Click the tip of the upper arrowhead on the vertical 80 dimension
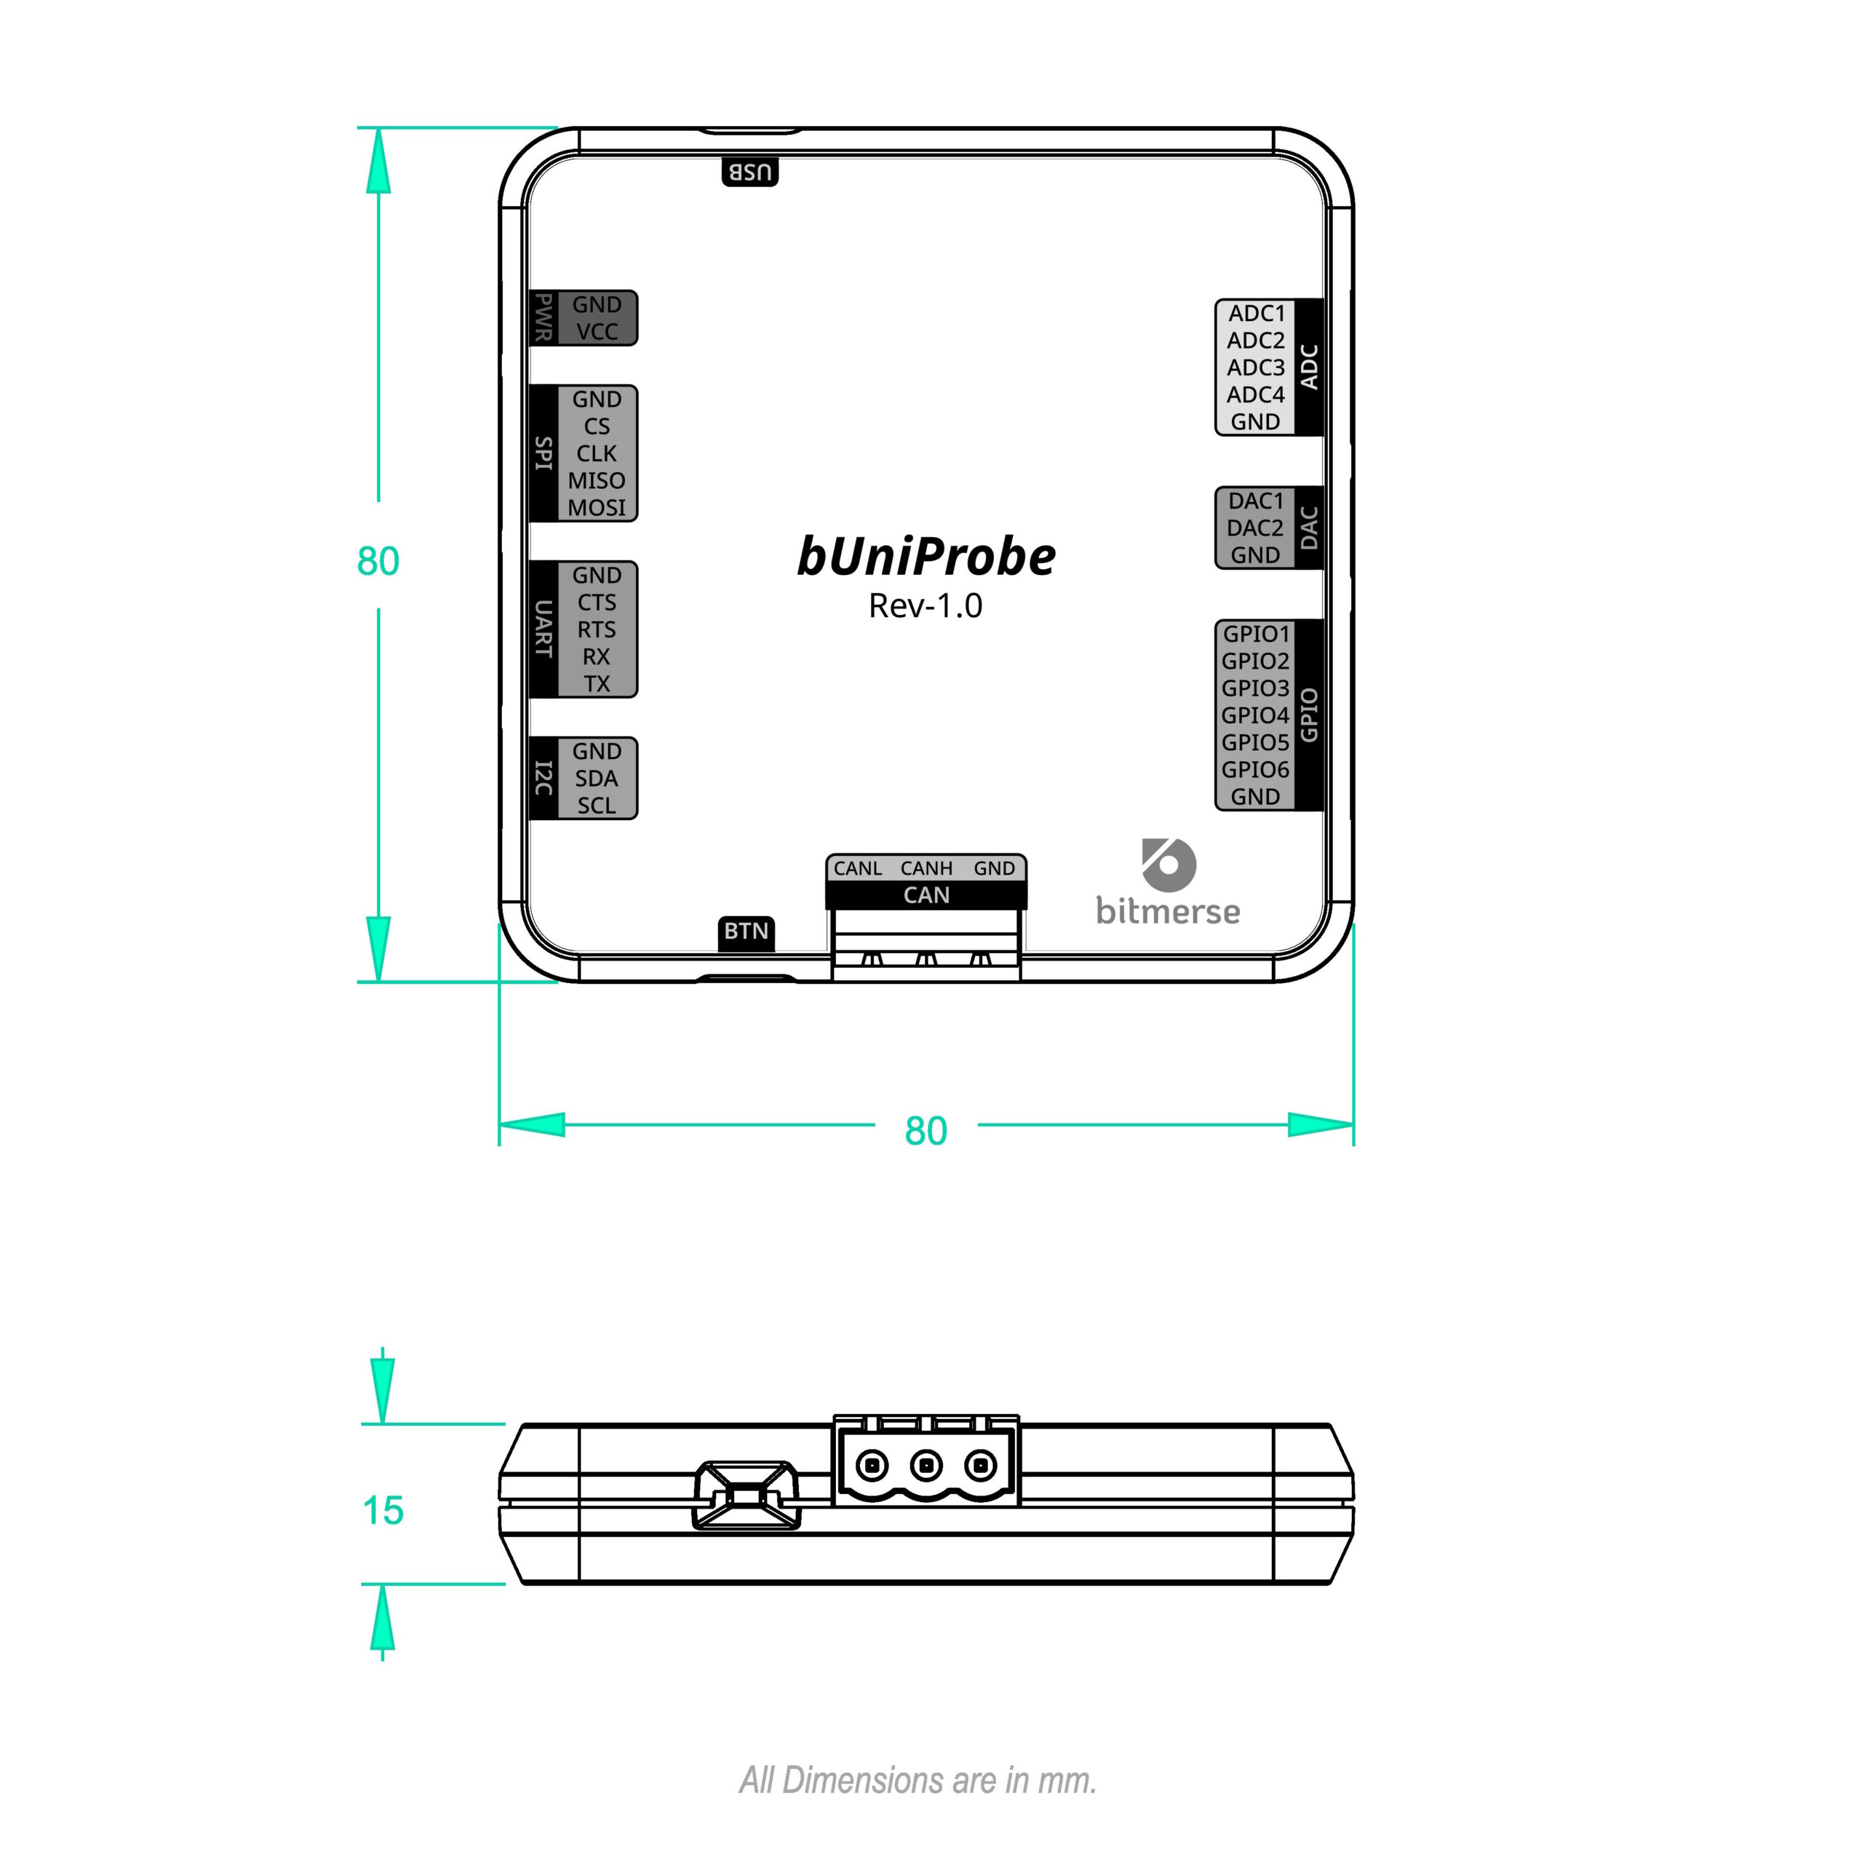pyautogui.click(x=378, y=128)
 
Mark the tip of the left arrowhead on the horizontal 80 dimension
pyautogui.click(x=499, y=1124)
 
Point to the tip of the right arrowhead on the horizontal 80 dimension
pyautogui.click(x=1354, y=1124)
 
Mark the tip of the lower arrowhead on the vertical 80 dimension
pyautogui.click(x=378, y=982)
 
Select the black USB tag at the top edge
pyautogui.click(x=750, y=172)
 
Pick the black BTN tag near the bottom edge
pyautogui.click(x=747, y=931)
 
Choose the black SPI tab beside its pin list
pyautogui.click(x=544, y=453)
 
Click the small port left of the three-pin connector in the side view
pyautogui.click(x=747, y=1495)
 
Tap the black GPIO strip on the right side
pyautogui.click(x=1308, y=715)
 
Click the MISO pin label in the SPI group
pyautogui.click(x=597, y=480)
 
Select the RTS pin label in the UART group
pyautogui.click(x=597, y=629)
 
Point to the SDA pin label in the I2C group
pyautogui.click(x=597, y=778)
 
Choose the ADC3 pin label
pyautogui.click(x=1255, y=368)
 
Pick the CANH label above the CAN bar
pyautogui.click(x=927, y=869)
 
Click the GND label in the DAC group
pyautogui.click(x=1255, y=555)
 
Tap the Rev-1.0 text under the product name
pyautogui.click(x=925, y=605)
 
